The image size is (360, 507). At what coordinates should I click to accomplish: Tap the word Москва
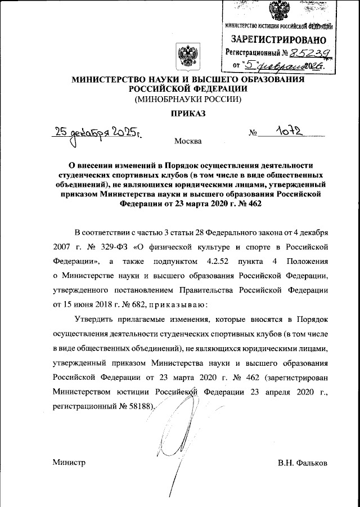(188, 141)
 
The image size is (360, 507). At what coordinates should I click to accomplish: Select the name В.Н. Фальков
(302, 463)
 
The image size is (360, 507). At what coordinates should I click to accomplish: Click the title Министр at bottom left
(69, 463)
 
